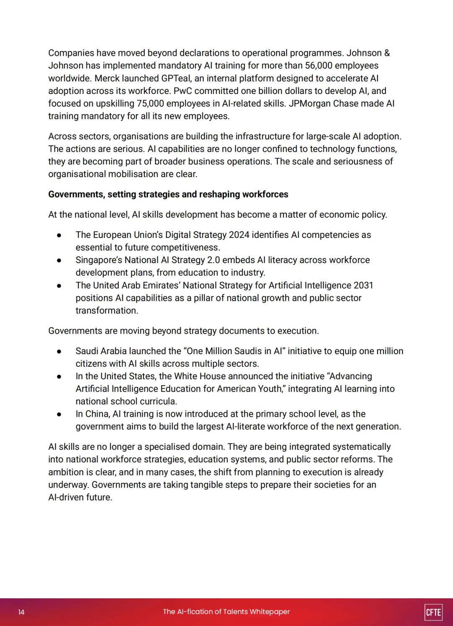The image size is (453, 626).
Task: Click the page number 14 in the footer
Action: click(x=21, y=612)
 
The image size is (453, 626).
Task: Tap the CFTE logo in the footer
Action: click(x=433, y=612)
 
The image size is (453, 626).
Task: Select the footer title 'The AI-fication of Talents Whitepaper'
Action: click(x=226, y=612)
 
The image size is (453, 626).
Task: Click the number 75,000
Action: click(x=151, y=104)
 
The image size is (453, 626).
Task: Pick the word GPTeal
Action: click(x=176, y=78)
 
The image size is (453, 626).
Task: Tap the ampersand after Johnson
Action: click(x=387, y=53)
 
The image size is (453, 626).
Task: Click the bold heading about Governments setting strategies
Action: click(x=168, y=194)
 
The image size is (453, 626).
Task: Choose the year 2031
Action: click(x=363, y=285)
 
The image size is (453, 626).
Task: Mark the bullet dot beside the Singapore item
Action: click(x=59, y=261)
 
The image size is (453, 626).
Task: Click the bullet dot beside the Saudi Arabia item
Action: click(x=59, y=352)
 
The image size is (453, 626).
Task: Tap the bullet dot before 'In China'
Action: click(x=59, y=415)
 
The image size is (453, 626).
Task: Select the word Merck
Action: click(x=107, y=78)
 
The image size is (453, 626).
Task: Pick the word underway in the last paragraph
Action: click(x=68, y=485)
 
